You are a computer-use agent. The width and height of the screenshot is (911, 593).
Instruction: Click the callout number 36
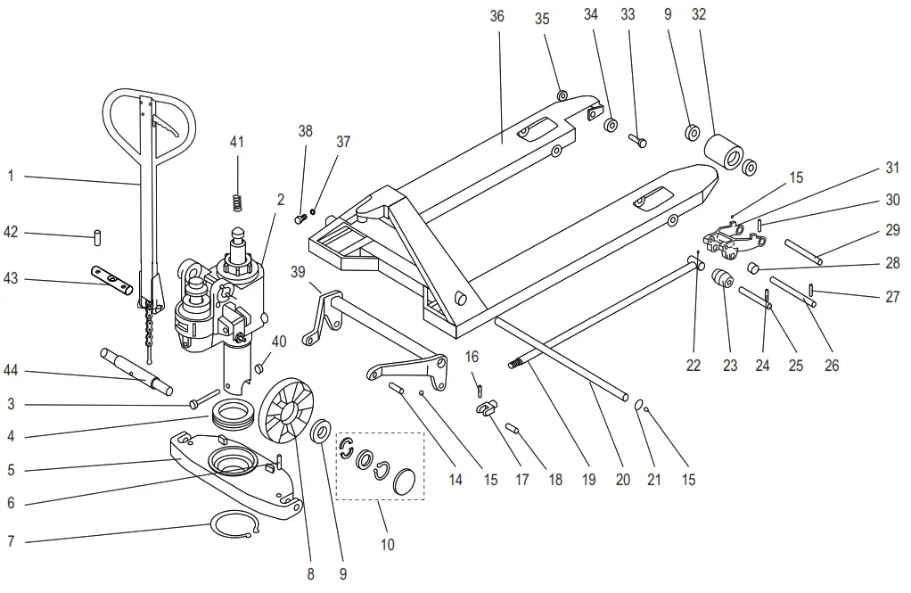tap(497, 16)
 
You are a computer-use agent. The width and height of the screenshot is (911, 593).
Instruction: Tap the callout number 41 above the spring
tap(236, 142)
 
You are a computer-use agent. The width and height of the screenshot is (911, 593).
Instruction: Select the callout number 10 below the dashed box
tap(388, 544)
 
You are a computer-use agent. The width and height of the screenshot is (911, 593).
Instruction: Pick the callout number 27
tap(892, 298)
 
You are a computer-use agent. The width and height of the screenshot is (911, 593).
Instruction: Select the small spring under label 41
tap(238, 202)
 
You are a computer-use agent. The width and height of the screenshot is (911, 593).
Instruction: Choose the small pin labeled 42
tap(97, 236)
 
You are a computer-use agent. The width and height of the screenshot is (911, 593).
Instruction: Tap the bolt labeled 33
tap(636, 140)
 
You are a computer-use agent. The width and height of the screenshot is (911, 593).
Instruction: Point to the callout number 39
tap(297, 271)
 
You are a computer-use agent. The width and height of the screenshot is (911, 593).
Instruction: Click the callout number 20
tap(622, 480)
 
